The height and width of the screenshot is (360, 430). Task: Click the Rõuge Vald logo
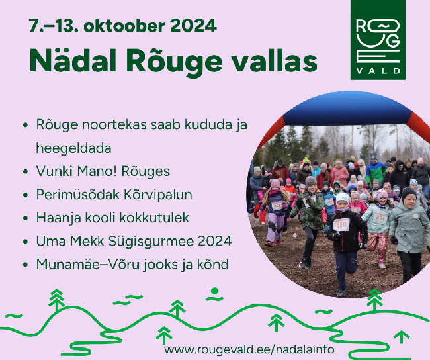(x=378, y=40)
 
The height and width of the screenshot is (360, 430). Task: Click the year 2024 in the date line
(x=193, y=26)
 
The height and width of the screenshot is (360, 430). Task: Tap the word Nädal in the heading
(x=73, y=60)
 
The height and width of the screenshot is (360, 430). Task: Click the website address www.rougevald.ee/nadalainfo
(x=249, y=349)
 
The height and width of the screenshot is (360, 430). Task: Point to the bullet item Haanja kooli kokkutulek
(x=112, y=218)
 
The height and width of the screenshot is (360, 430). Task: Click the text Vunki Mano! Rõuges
(x=103, y=171)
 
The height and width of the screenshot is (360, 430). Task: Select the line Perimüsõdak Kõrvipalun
(x=114, y=195)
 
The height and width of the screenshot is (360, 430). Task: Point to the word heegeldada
(x=74, y=148)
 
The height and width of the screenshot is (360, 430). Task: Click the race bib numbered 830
(x=341, y=225)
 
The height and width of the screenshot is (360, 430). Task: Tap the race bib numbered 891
(x=380, y=218)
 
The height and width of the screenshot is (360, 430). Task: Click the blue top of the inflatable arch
(x=348, y=109)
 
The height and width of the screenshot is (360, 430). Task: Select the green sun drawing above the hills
(x=215, y=294)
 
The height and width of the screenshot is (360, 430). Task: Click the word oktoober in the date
(x=124, y=26)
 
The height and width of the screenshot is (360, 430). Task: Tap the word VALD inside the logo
(x=378, y=71)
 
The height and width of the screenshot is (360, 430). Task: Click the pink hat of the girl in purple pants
(x=275, y=183)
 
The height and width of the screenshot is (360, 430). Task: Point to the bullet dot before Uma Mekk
(x=26, y=242)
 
